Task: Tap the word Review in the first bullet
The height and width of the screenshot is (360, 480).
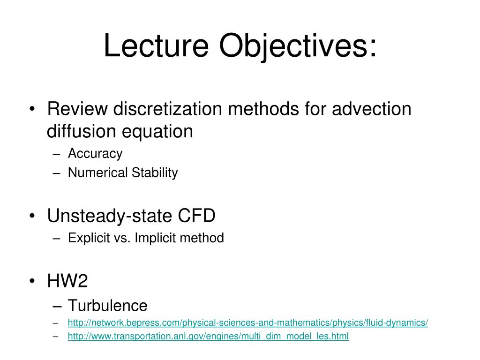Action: point(77,109)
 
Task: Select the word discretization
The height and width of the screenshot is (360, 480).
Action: point(167,109)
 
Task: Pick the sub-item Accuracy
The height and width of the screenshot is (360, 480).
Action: point(95,153)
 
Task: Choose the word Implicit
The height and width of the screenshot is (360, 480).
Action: point(154,238)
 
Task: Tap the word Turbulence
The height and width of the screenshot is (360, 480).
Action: point(108,306)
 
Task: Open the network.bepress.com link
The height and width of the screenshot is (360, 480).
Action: point(247,323)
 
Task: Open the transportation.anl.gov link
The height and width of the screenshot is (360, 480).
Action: point(208,337)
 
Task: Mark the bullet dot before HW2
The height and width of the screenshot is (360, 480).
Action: point(32,282)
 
